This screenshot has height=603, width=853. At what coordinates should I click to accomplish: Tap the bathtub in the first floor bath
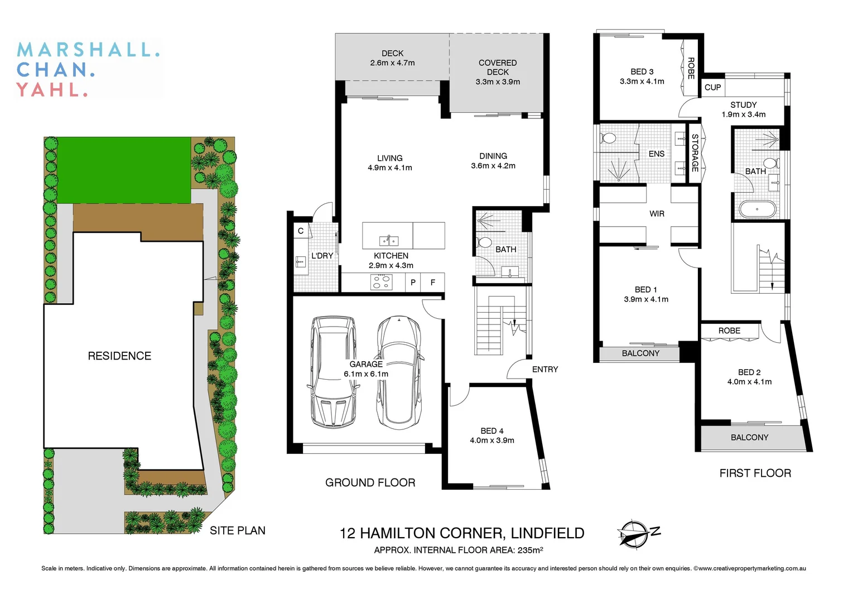pos(757,209)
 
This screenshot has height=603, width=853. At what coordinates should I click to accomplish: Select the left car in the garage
pos(333,372)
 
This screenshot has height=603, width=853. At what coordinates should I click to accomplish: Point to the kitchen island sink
pos(388,241)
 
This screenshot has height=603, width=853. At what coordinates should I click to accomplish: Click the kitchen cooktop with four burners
pos(381,283)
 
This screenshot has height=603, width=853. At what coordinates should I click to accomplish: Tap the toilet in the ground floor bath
pos(484,242)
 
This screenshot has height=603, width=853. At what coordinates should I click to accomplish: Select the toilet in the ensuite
pos(609,138)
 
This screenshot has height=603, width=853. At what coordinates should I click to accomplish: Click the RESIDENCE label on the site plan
pos(119,356)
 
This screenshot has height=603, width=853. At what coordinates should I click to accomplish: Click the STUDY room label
pos(743,105)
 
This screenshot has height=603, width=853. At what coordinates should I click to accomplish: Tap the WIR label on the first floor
pos(657,214)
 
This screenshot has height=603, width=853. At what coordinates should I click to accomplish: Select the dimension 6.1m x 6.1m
pos(366,374)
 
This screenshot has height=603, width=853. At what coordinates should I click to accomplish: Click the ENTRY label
pos(544,369)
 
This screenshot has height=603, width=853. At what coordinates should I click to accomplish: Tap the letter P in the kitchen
pos(413,283)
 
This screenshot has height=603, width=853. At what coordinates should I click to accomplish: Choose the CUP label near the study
pos(712,87)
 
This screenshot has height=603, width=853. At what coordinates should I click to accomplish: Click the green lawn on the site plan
pos(124,170)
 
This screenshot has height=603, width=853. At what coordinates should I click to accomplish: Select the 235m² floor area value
pos(530,550)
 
